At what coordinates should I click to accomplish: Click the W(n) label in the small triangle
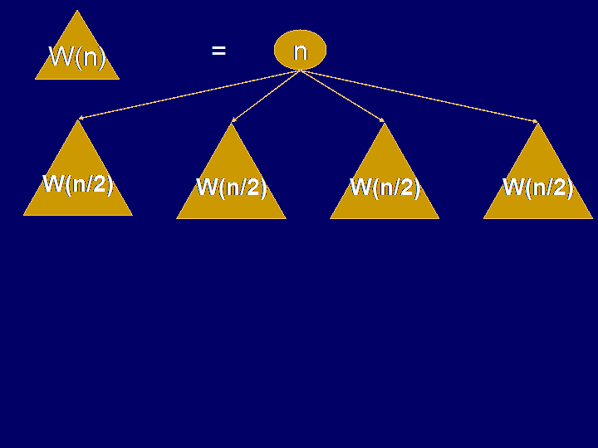pos(77,57)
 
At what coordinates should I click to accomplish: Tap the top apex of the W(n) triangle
pos(77,10)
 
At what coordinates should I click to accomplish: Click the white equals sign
pos(219,51)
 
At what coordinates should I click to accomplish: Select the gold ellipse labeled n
pos(300,50)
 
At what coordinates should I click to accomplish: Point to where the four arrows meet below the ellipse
pos(301,71)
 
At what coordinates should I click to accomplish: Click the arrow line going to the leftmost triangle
pos(189,95)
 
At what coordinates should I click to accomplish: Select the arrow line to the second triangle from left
pos(267,96)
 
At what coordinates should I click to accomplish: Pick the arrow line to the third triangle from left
pos(342,96)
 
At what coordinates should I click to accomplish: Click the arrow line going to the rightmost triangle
pos(419,96)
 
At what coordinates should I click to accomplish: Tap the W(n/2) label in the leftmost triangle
pos(78,184)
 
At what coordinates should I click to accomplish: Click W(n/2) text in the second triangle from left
pos(231,187)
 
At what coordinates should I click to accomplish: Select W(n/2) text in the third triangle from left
pos(385,187)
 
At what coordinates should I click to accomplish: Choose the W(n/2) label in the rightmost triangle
pos(538,187)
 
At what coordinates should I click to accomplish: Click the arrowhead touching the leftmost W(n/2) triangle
pos(81,119)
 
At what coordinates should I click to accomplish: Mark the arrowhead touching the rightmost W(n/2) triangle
pos(536,121)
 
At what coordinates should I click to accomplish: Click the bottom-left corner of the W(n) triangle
pos(35,80)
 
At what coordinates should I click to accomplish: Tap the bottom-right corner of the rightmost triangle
pos(593,218)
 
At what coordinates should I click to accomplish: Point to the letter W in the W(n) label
pos(61,56)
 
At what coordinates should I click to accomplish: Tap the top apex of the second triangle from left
pos(231,123)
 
